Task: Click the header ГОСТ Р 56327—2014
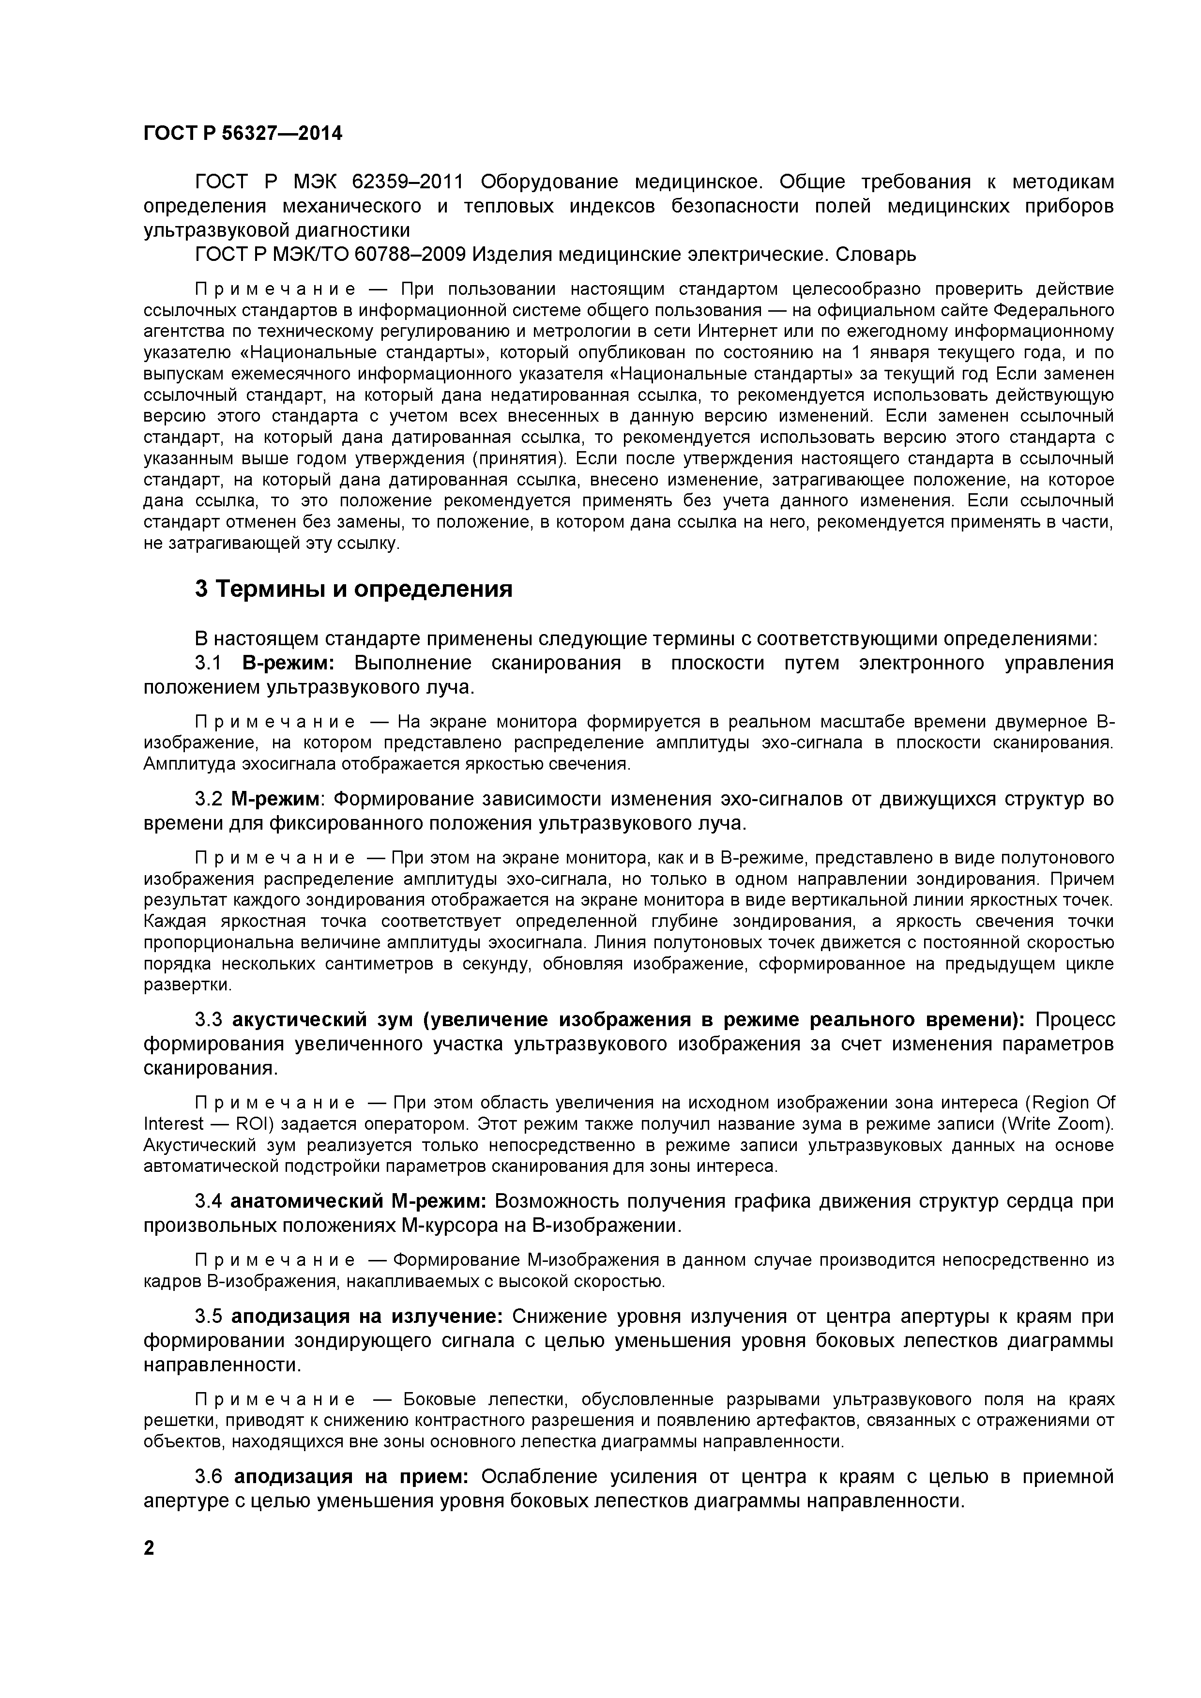click(x=243, y=134)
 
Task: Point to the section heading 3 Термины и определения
click(x=353, y=590)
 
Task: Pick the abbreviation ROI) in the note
click(x=255, y=1124)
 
